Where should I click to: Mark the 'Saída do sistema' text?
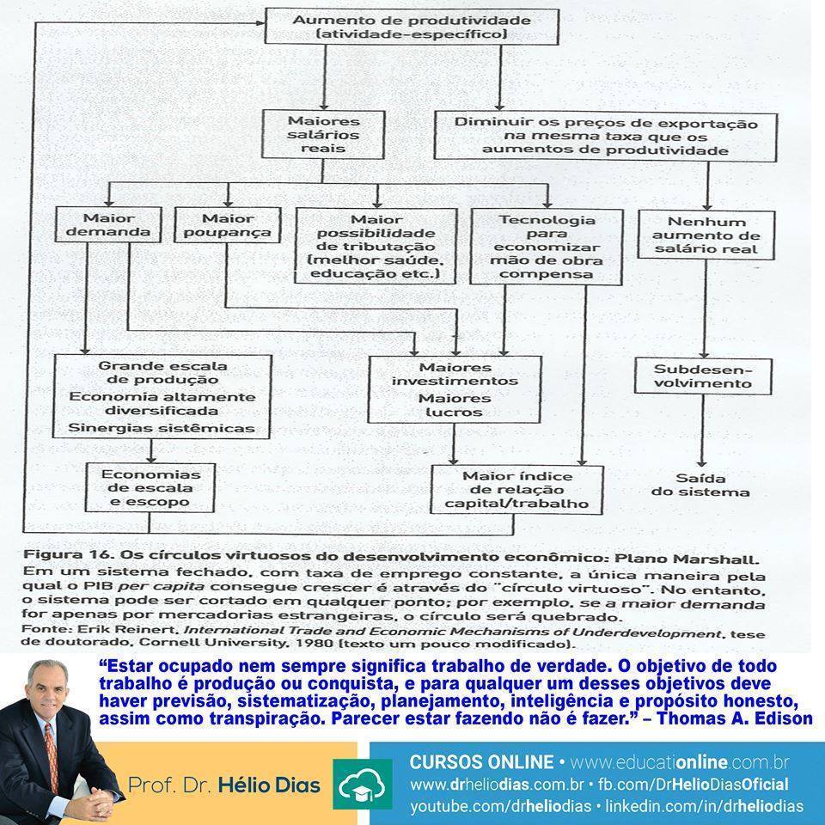pos(700,485)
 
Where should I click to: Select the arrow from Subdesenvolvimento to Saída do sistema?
pos(702,431)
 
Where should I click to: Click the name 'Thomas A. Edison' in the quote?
pos(735,718)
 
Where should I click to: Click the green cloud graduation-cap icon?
pos(363,785)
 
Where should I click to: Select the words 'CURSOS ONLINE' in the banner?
pos(481,762)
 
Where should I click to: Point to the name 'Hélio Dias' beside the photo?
pos(269,785)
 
